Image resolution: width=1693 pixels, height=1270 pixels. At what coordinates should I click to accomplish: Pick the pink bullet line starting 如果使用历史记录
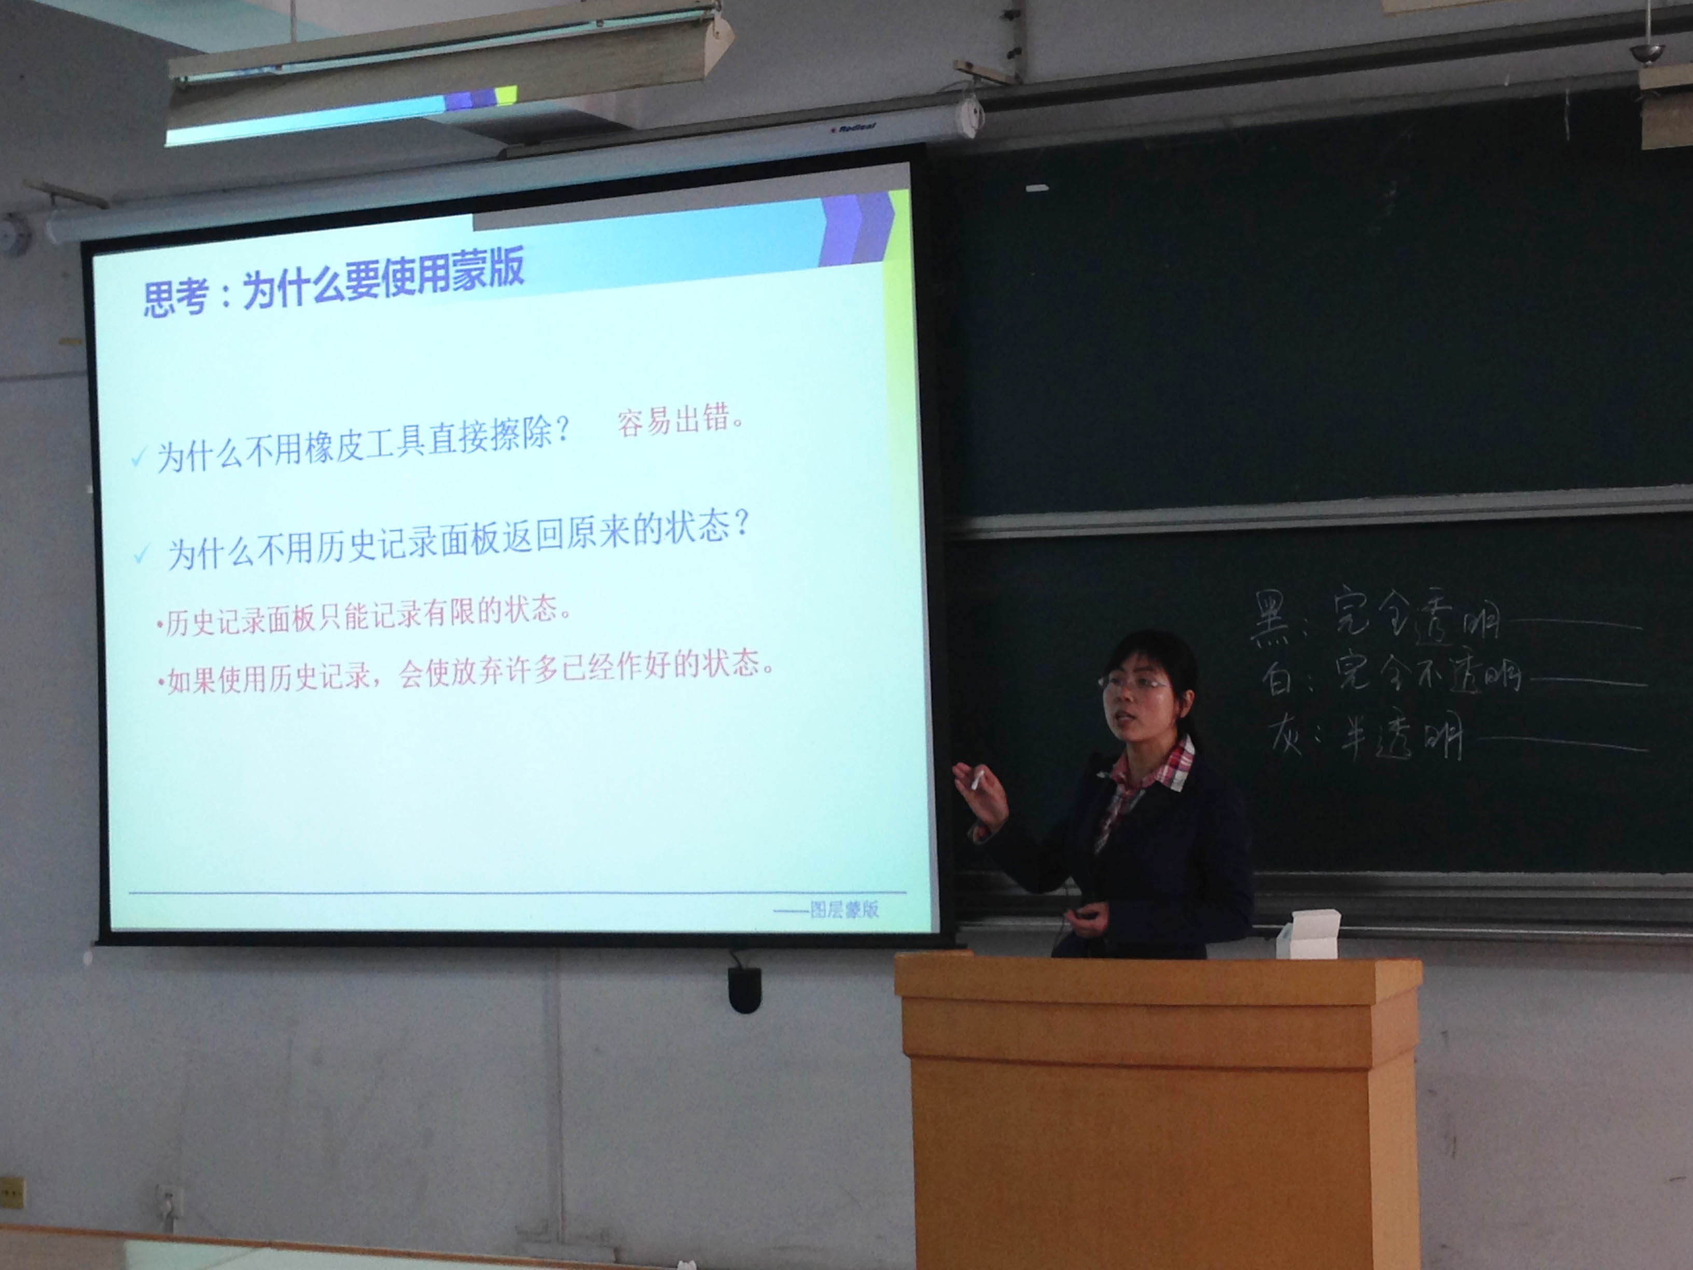(466, 670)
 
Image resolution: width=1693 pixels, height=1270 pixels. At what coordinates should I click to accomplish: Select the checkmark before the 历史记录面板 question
(142, 554)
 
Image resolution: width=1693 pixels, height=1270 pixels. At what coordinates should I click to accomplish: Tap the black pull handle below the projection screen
(744, 988)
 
